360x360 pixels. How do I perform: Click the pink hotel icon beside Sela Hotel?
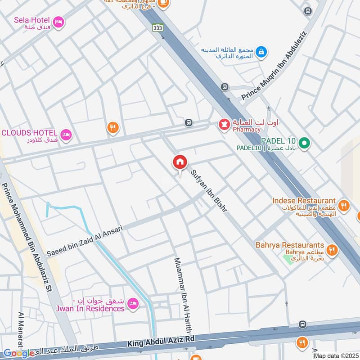(58, 22)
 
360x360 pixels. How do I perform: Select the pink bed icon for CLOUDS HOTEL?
(66, 134)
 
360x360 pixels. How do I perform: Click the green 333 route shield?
(157, 27)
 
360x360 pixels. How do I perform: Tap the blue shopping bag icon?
(261, 53)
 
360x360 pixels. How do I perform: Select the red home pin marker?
(180, 162)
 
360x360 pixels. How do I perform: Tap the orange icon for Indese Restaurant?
(344, 206)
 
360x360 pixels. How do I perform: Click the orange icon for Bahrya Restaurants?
(332, 250)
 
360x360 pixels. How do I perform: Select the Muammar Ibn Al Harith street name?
(183, 295)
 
